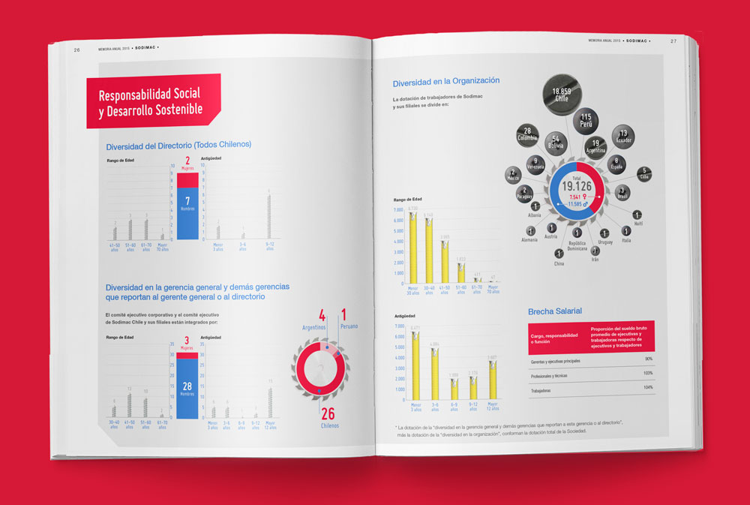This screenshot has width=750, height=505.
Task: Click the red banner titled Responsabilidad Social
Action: [x=153, y=101]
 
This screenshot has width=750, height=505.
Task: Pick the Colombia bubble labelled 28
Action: [x=527, y=135]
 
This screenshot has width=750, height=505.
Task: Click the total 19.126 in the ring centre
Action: [x=577, y=185]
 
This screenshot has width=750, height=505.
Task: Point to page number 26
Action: [x=77, y=50]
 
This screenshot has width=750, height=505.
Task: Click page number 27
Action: [x=673, y=41]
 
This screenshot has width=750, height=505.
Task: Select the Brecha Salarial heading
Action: [x=555, y=311]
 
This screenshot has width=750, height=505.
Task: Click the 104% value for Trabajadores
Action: [x=648, y=389]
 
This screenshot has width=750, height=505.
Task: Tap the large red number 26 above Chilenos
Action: [x=328, y=413]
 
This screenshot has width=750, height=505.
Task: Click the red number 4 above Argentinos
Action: [x=322, y=315]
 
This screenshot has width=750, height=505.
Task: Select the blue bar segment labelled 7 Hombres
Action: [x=187, y=213]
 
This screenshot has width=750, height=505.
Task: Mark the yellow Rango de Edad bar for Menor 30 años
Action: [x=412, y=248]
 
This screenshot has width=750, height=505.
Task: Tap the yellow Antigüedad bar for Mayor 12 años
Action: [x=492, y=379]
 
